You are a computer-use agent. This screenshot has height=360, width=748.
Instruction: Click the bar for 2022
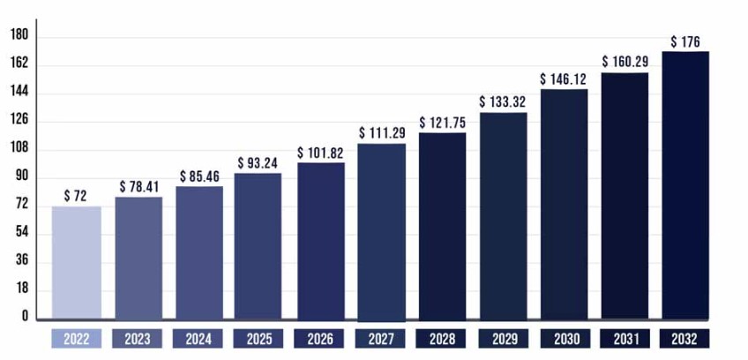tap(77, 262)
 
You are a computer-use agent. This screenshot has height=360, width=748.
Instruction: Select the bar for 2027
tap(381, 231)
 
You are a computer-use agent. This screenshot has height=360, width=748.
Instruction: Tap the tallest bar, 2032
tap(685, 185)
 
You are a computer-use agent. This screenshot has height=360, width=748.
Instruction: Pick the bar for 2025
tap(258, 245)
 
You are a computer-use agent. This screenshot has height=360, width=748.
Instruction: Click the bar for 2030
tap(564, 204)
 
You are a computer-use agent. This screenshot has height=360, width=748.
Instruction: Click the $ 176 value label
tap(686, 41)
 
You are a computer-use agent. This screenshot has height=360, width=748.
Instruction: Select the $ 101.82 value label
tap(321, 153)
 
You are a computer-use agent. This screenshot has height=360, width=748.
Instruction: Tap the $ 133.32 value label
tap(504, 102)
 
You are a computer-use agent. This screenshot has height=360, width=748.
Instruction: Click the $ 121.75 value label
tap(443, 123)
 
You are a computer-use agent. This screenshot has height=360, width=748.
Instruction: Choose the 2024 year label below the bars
tap(198, 340)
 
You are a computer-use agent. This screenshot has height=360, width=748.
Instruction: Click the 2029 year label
tap(503, 340)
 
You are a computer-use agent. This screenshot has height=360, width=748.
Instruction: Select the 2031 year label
tap(625, 340)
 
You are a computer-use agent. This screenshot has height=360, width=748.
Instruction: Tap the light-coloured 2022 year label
tap(77, 340)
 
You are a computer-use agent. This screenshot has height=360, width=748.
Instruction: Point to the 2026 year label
tap(320, 340)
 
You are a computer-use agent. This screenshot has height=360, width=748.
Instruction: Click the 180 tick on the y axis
tap(19, 35)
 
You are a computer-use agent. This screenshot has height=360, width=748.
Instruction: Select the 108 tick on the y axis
tap(19, 148)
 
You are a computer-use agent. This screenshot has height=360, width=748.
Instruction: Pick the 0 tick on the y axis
tap(25, 317)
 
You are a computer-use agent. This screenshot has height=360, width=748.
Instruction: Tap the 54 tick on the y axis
tap(19, 232)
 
